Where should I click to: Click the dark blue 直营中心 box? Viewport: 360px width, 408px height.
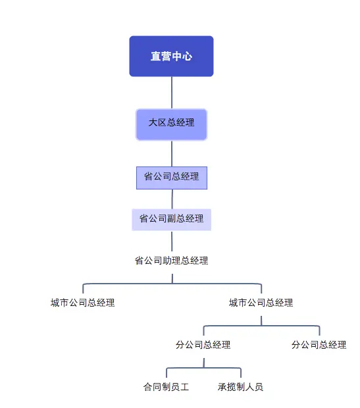point(171,57)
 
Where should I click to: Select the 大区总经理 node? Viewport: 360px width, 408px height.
point(171,124)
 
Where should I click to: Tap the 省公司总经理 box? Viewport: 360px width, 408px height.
point(171,177)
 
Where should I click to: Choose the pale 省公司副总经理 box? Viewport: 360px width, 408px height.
point(171,219)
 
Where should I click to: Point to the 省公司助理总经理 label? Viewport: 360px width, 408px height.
point(171,261)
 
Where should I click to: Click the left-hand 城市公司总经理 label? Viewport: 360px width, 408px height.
point(83,303)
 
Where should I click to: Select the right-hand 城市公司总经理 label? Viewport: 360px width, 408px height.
point(261,303)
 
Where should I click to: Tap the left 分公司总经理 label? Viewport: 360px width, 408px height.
point(203,344)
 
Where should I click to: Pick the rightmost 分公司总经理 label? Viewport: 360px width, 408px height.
point(319,344)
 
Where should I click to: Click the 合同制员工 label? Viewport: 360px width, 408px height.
point(166,387)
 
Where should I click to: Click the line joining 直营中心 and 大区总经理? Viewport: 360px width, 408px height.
point(172,92)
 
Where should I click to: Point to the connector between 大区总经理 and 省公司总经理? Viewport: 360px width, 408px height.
point(172,153)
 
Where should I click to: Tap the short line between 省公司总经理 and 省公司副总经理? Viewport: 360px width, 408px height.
point(172,199)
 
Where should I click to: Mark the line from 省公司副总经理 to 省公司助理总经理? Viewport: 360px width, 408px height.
point(172,241)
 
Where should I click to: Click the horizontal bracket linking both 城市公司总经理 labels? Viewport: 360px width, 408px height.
point(172,284)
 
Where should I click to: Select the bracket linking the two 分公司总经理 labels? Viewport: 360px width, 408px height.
point(261,325)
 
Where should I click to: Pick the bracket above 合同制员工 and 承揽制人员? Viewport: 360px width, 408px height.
point(204,368)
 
